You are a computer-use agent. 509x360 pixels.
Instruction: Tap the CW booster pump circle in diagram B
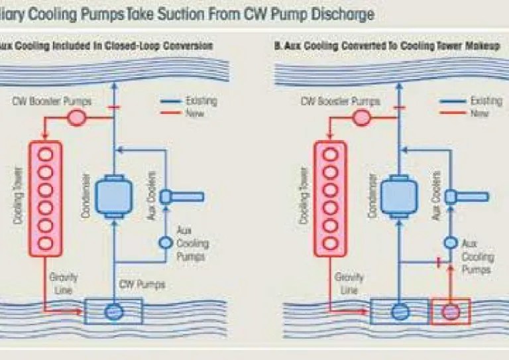362,117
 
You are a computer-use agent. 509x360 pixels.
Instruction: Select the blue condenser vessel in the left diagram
115,196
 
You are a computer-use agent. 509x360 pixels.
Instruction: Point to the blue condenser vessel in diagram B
401,196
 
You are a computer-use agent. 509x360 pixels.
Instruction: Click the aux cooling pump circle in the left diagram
165,243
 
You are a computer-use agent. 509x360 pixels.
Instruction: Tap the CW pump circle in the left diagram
115,310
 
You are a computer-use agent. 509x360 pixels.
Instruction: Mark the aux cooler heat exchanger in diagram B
465,196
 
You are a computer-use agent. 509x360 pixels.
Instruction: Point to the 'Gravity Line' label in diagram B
349,283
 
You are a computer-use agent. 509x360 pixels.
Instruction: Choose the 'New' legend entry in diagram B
479,113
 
